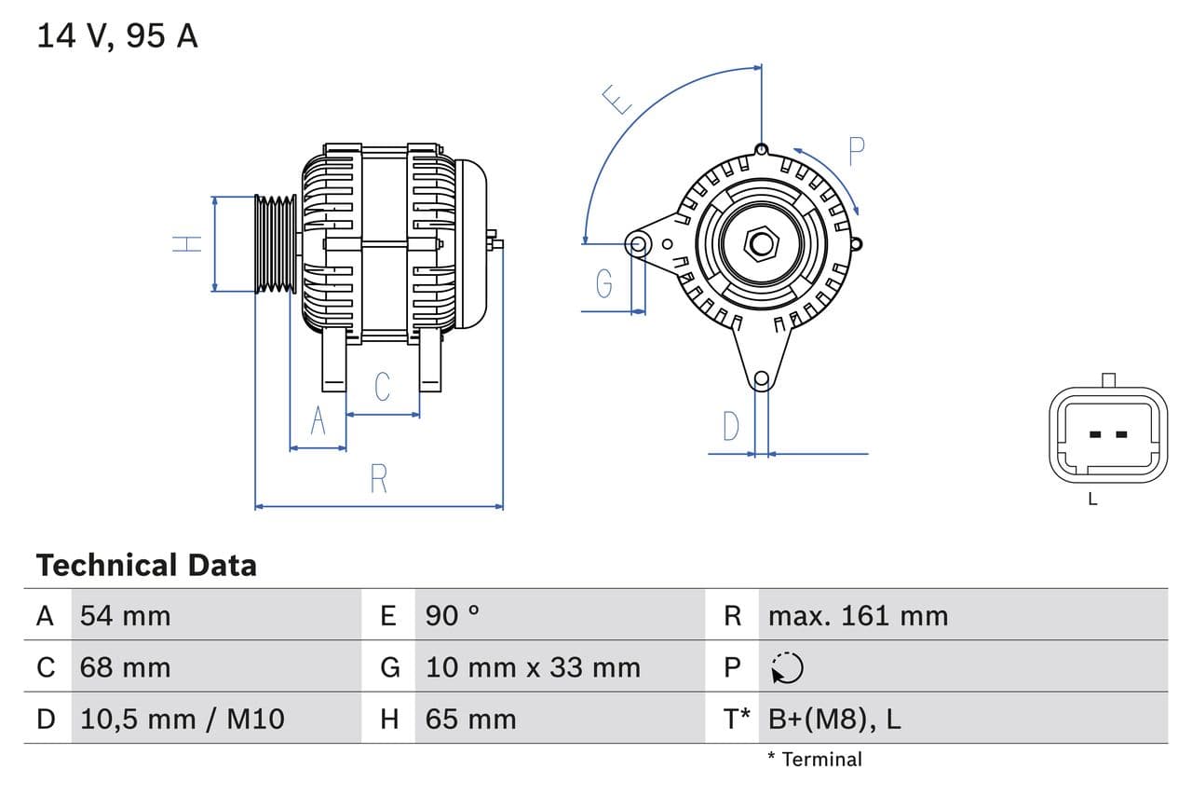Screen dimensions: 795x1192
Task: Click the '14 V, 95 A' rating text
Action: click(117, 35)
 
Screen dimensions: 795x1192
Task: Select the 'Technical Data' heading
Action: click(146, 565)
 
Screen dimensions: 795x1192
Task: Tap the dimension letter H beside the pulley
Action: click(187, 244)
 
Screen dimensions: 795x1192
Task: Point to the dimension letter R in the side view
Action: click(378, 478)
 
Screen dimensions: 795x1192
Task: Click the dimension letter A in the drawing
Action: click(318, 421)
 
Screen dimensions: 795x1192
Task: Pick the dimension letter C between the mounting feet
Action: click(382, 386)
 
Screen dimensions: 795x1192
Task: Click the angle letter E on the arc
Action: click(616, 99)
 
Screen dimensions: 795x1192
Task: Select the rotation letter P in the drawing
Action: click(856, 151)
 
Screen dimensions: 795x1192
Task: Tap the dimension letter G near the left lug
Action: click(604, 282)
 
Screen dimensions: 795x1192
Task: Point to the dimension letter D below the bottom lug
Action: click(731, 426)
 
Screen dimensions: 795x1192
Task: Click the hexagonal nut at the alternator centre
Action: click(762, 244)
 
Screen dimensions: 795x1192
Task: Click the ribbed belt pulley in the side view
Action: click(276, 244)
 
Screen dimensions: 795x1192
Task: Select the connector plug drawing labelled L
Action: click(1107, 434)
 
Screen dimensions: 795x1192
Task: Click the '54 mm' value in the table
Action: click(126, 615)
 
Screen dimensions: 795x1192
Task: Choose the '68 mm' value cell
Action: click(126, 667)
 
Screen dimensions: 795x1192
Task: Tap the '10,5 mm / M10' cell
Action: click(183, 719)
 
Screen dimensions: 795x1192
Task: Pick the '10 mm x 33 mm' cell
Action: click(533, 667)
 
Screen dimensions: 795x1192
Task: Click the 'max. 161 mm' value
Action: click(858, 615)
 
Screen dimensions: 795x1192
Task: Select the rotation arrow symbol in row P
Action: click(787, 667)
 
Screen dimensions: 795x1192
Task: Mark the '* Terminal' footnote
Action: click(815, 760)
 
